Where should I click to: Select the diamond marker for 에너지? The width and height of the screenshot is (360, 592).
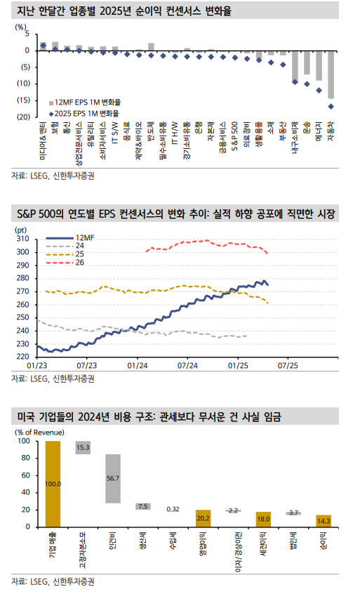319,90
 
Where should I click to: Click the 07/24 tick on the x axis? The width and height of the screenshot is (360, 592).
188,365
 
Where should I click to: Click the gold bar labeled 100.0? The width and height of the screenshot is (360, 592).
53,483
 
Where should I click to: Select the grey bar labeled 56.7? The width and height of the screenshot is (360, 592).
112,478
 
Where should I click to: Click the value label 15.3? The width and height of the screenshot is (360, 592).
83,447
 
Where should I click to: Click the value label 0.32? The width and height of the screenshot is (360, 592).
173,509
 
